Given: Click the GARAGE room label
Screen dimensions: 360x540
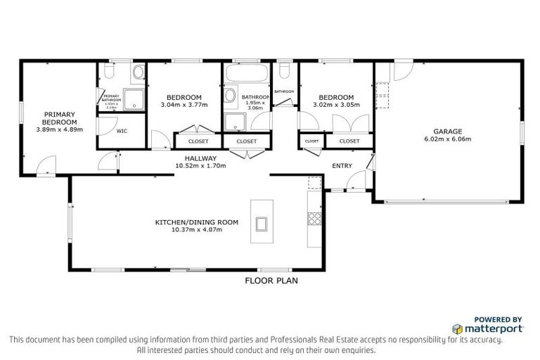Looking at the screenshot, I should point(447,131).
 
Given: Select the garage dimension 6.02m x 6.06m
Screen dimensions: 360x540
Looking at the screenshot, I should point(447,139).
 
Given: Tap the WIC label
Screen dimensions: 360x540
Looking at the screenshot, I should point(122,131).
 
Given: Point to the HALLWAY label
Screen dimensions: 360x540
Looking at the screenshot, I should point(200,159).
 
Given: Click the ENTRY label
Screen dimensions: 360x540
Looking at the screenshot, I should point(342,165).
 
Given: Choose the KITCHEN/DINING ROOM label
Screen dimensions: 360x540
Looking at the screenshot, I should point(196,222).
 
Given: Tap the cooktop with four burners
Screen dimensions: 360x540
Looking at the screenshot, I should point(314,219).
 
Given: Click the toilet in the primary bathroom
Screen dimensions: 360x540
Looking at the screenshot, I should point(108,72).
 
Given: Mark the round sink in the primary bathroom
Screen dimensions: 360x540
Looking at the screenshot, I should point(138,72).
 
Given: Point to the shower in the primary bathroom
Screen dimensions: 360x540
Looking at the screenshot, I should point(133,100).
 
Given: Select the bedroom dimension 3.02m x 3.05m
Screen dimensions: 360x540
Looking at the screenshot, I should point(336,105).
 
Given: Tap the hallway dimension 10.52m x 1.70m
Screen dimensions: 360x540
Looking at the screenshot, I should point(200,167).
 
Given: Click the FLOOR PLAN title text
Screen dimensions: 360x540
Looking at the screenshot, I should point(271,280).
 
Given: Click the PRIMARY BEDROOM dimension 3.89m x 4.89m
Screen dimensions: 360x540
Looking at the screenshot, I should point(60,129).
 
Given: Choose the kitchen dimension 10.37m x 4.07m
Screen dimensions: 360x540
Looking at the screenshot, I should point(196,230).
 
